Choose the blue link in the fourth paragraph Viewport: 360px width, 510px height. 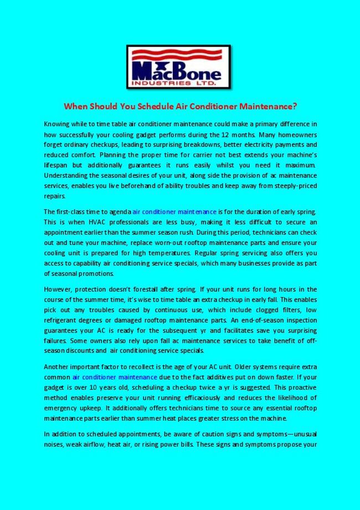[x=107, y=377]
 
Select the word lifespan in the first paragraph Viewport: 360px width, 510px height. [x=56, y=165]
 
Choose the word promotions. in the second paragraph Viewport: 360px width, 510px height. [x=83, y=273]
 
